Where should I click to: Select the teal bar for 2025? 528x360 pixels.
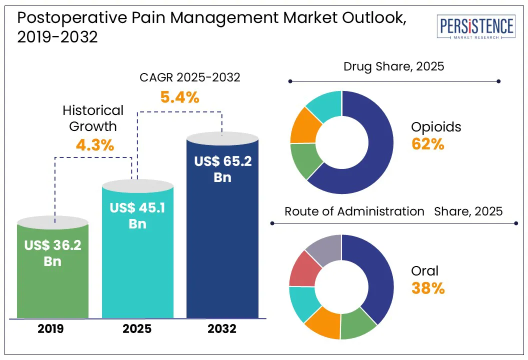tap(137, 280)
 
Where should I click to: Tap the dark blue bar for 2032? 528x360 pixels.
tap(222, 260)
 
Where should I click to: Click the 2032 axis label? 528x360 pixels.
tap(222, 329)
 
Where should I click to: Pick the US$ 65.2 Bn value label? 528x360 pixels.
tap(222, 169)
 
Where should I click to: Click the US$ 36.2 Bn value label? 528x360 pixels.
tap(52, 252)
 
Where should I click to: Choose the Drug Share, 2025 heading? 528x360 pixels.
tap(393, 66)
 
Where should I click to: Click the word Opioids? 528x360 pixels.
tap(436, 127)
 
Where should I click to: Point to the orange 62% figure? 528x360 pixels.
tap(427, 144)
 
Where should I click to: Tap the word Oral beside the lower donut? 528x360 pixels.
tap(424, 271)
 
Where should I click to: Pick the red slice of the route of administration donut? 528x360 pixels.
tap(304, 268)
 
